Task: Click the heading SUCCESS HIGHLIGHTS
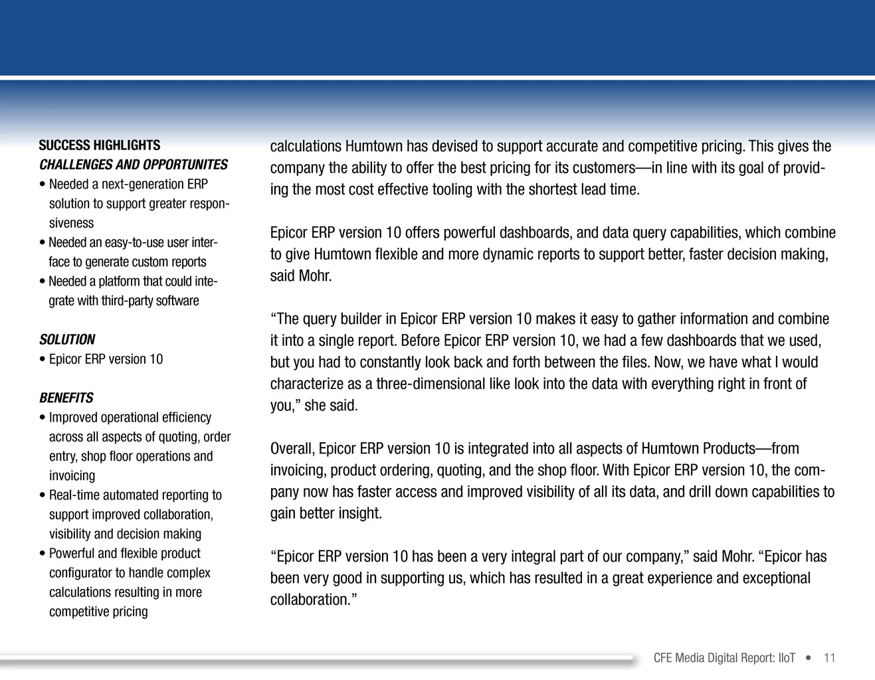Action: pos(100,145)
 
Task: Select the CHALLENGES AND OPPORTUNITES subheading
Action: pos(134,165)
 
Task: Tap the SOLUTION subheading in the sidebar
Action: pos(67,339)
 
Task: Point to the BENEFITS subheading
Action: pos(66,398)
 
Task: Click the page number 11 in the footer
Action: pos(829,658)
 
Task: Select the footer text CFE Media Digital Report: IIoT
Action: pos(724,658)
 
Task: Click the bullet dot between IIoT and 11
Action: pos(808,658)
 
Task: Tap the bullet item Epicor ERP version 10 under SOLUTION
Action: pos(106,359)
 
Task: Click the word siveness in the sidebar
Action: pos(72,223)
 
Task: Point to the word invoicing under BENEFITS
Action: pos(72,475)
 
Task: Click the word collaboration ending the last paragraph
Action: pos(310,600)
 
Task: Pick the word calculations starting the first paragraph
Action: pos(306,147)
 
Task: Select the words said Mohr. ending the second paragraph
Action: pos(301,276)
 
